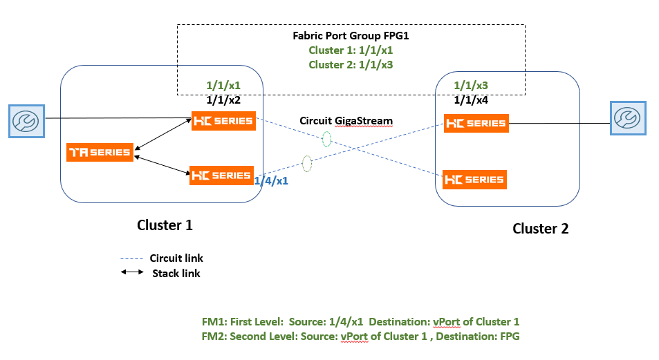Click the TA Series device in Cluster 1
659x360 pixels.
100,152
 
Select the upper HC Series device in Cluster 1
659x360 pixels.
223,120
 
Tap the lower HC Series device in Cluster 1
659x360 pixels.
221,176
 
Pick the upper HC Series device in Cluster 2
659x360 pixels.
475,124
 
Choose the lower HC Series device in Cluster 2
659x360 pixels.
474,180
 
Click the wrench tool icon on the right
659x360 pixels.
626,117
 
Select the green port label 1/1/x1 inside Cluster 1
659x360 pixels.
223,86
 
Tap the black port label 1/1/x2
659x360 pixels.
223,100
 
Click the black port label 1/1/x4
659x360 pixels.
471,100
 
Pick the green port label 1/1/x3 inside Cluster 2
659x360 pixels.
471,86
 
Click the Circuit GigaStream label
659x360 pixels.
346,121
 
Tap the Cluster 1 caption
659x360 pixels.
165,225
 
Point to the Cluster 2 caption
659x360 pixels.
540,229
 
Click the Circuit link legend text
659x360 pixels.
177,258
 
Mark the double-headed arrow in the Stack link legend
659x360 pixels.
132,273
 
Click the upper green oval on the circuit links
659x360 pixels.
326,139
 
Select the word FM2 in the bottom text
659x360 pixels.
210,337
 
